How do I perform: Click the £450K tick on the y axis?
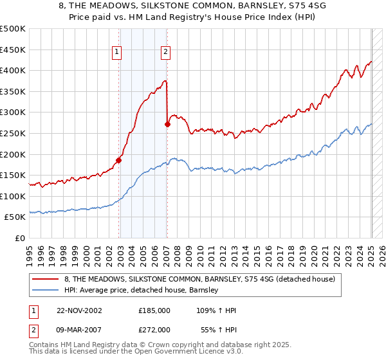pos(14,50)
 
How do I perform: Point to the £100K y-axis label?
pos(14,196)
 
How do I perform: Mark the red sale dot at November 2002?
pos(119,160)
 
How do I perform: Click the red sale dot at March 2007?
pos(167,124)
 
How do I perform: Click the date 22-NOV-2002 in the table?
pos(80,310)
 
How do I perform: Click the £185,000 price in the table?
pos(154,310)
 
